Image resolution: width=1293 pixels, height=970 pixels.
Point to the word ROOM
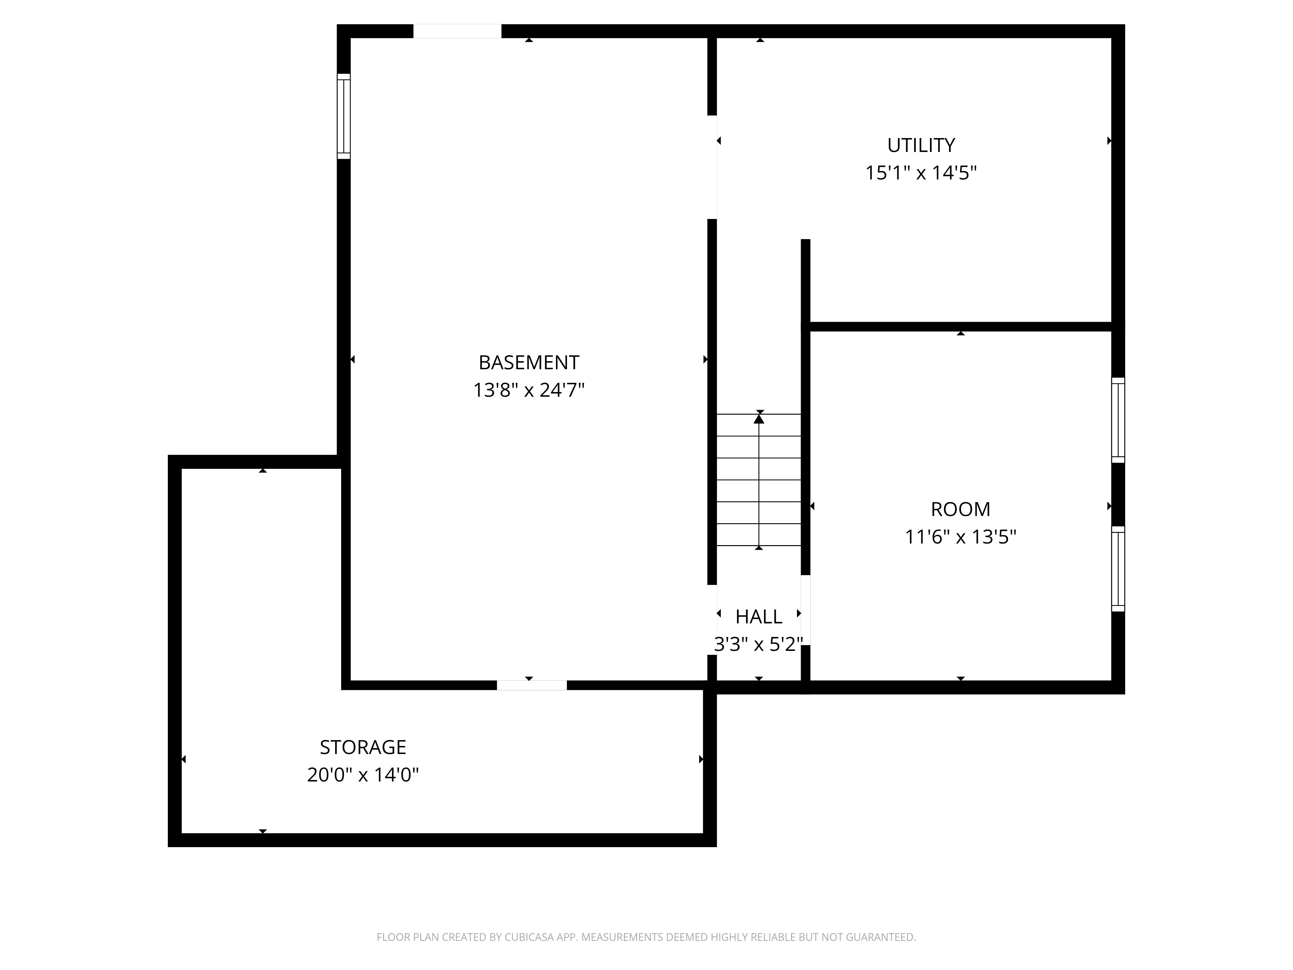[x=960, y=509]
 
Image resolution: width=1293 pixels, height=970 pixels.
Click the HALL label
[x=759, y=617]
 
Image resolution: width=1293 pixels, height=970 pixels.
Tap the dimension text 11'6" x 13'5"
[x=960, y=537]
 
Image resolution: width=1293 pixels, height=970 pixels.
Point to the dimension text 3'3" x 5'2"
[x=759, y=644]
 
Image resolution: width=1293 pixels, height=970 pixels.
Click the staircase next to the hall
[x=759, y=480]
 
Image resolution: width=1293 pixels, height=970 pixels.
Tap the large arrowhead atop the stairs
[x=759, y=417]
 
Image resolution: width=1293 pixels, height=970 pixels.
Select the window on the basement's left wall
[x=344, y=116]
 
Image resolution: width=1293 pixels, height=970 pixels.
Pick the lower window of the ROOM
[x=1118, y=569]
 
